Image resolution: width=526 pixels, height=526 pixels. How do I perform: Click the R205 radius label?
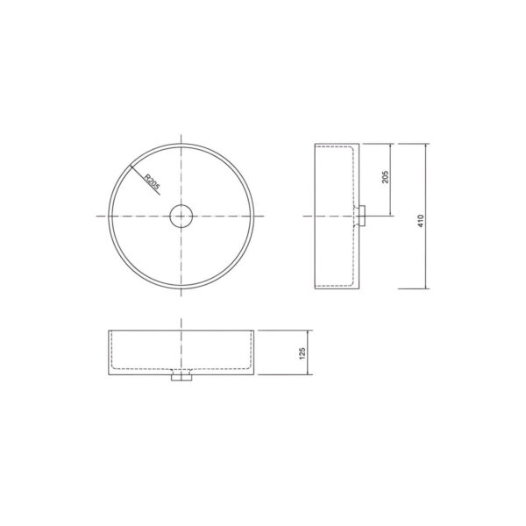coord(153,181)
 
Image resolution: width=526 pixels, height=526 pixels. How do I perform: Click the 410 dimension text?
coord(421,221)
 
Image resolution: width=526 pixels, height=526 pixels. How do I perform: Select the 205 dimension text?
coord(385,177)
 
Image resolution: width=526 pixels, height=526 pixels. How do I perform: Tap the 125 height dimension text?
coord(302,353)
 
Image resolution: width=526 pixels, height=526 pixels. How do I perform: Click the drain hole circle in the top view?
coord(181,205)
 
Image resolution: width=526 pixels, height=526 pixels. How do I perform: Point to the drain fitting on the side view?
coord(361,217)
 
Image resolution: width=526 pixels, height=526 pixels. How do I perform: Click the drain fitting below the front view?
coord(181,377)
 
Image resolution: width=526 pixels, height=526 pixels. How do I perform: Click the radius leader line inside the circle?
coord(145,180)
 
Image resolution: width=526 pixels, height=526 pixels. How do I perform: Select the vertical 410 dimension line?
coord(426,216)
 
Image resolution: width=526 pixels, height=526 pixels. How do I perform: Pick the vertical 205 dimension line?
coord(390,180)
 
